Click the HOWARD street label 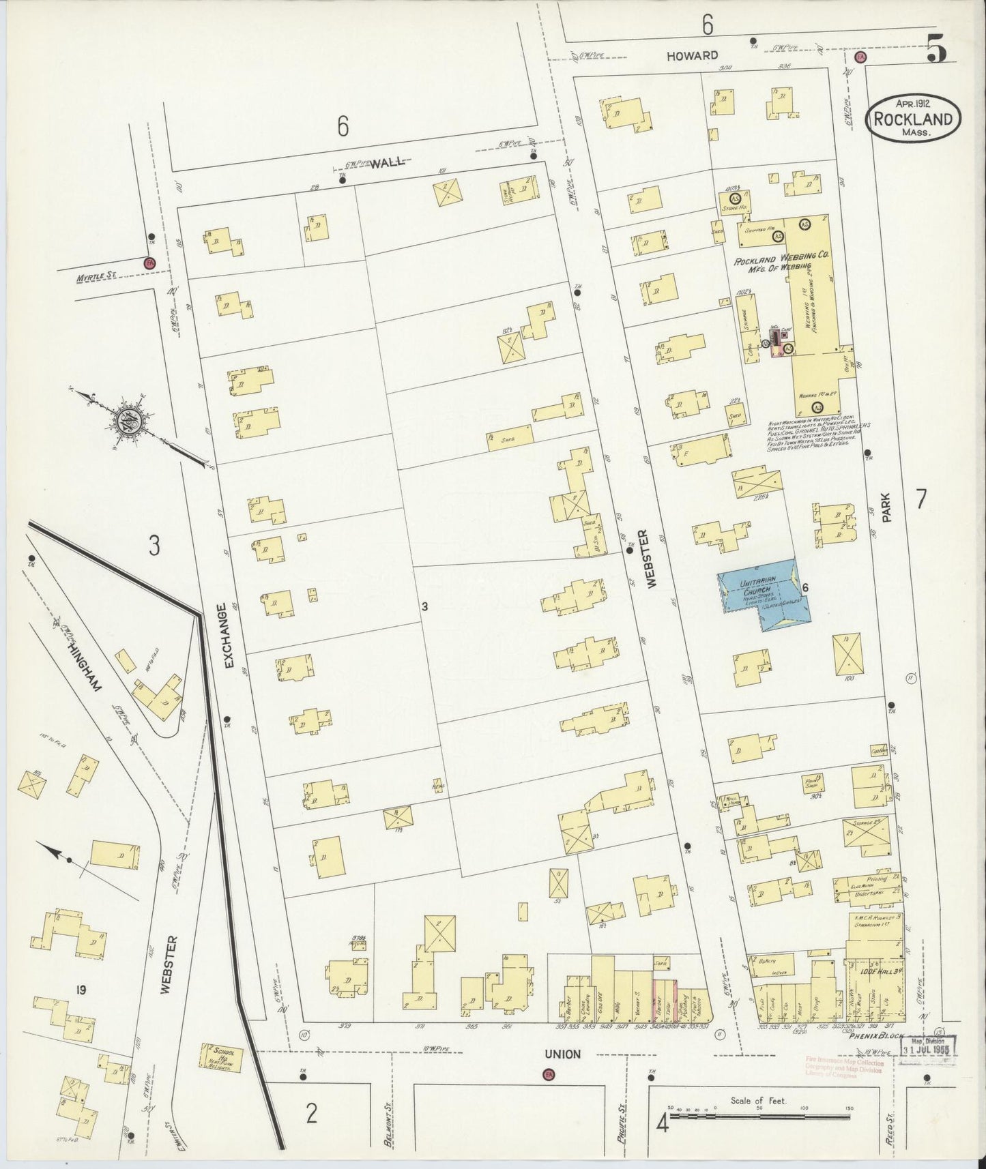tap(694, 55)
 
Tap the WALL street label tap(388, 162)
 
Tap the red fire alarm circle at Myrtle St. tap(148, 262)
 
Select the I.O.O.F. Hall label tap(876, 970)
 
